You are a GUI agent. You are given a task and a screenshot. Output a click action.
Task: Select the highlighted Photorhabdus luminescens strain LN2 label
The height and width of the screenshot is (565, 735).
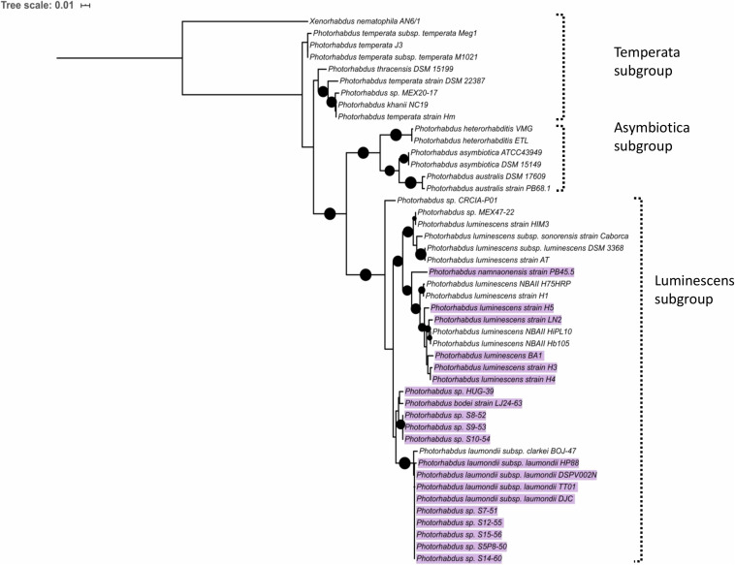pyautogui.click(x=497, y=320)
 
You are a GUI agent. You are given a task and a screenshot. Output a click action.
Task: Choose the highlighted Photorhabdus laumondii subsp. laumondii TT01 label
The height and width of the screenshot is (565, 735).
pyautogui.click(x=497, y=487)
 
